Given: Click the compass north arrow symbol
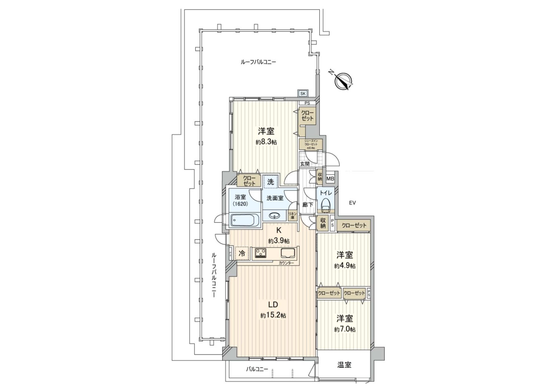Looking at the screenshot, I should pyautogui.click(x=343, y=81).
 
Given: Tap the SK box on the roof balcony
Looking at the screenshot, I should pyautogui.click(x=303, y=93).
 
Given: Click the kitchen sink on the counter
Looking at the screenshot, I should pyautogui.click(x=288, y=253).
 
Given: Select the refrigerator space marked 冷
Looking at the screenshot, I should pyautogui.click(x=242, y=253).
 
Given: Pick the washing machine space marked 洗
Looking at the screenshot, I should pyautogui.click(x=270, y=182).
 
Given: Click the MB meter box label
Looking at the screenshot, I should pyautogui.click(x=330, y=179).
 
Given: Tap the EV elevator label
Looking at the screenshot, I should pyautogui.click(x=352, y=203).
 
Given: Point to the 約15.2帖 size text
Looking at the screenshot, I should pyautogui.click(x=273, y=315).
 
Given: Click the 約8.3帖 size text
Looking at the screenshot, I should pyautogui.click(x=266, y=142).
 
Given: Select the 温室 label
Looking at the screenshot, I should pyautogui.click(x=344, y=365).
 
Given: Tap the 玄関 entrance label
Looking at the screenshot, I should pyautogui.click(x=305, y=164).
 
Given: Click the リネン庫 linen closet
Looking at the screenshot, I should pyautogui.click(x=292, y=215).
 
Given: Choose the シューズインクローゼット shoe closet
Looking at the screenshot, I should pyautogui.click(x=311, y=144).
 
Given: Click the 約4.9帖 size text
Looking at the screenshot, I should pyautogui.click(x=345, y=266).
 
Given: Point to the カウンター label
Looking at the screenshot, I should pyautogui.click(x=286, y=263).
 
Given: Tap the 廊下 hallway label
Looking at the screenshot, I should pyautogui.click(x=308, y=205).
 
